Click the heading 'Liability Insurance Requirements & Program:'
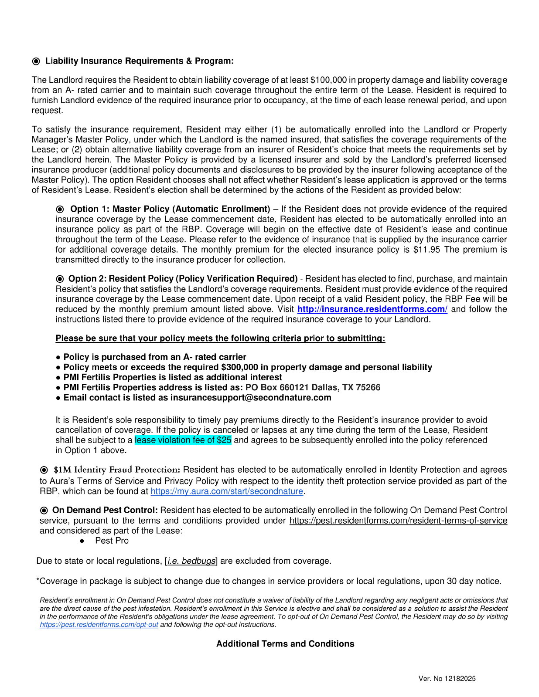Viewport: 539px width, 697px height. [x=139, y=61]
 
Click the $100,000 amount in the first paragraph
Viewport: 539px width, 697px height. [x=328, y=80]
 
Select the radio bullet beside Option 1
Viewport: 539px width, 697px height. [x=60, y=210]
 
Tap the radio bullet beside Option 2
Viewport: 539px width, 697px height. [x=60, y=279]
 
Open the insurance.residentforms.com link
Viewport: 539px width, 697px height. [x=372, y=309]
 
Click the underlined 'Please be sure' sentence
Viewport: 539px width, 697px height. [x=220, y=338]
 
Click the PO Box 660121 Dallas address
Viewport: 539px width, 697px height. [x=313, y=388]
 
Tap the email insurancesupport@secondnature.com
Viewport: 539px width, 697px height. [x=251, y=398]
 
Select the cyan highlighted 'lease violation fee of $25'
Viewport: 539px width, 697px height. [x=183, y=440]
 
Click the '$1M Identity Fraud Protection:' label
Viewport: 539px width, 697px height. [x=116, y=470]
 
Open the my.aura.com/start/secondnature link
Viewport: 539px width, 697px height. [x=226, y=491]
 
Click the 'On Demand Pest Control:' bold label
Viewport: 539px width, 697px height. [x=105, y=510]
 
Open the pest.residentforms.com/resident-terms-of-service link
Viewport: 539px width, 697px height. [x=398, y=521]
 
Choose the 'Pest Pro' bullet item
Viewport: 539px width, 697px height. [x=112, y=541]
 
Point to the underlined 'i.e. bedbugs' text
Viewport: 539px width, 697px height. [x=191, y=561]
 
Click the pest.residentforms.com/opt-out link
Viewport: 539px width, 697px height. [x=99, y=625]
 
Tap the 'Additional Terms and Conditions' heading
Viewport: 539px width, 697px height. [x=285, y=644]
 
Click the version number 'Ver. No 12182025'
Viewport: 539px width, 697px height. [x=447, y=679]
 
